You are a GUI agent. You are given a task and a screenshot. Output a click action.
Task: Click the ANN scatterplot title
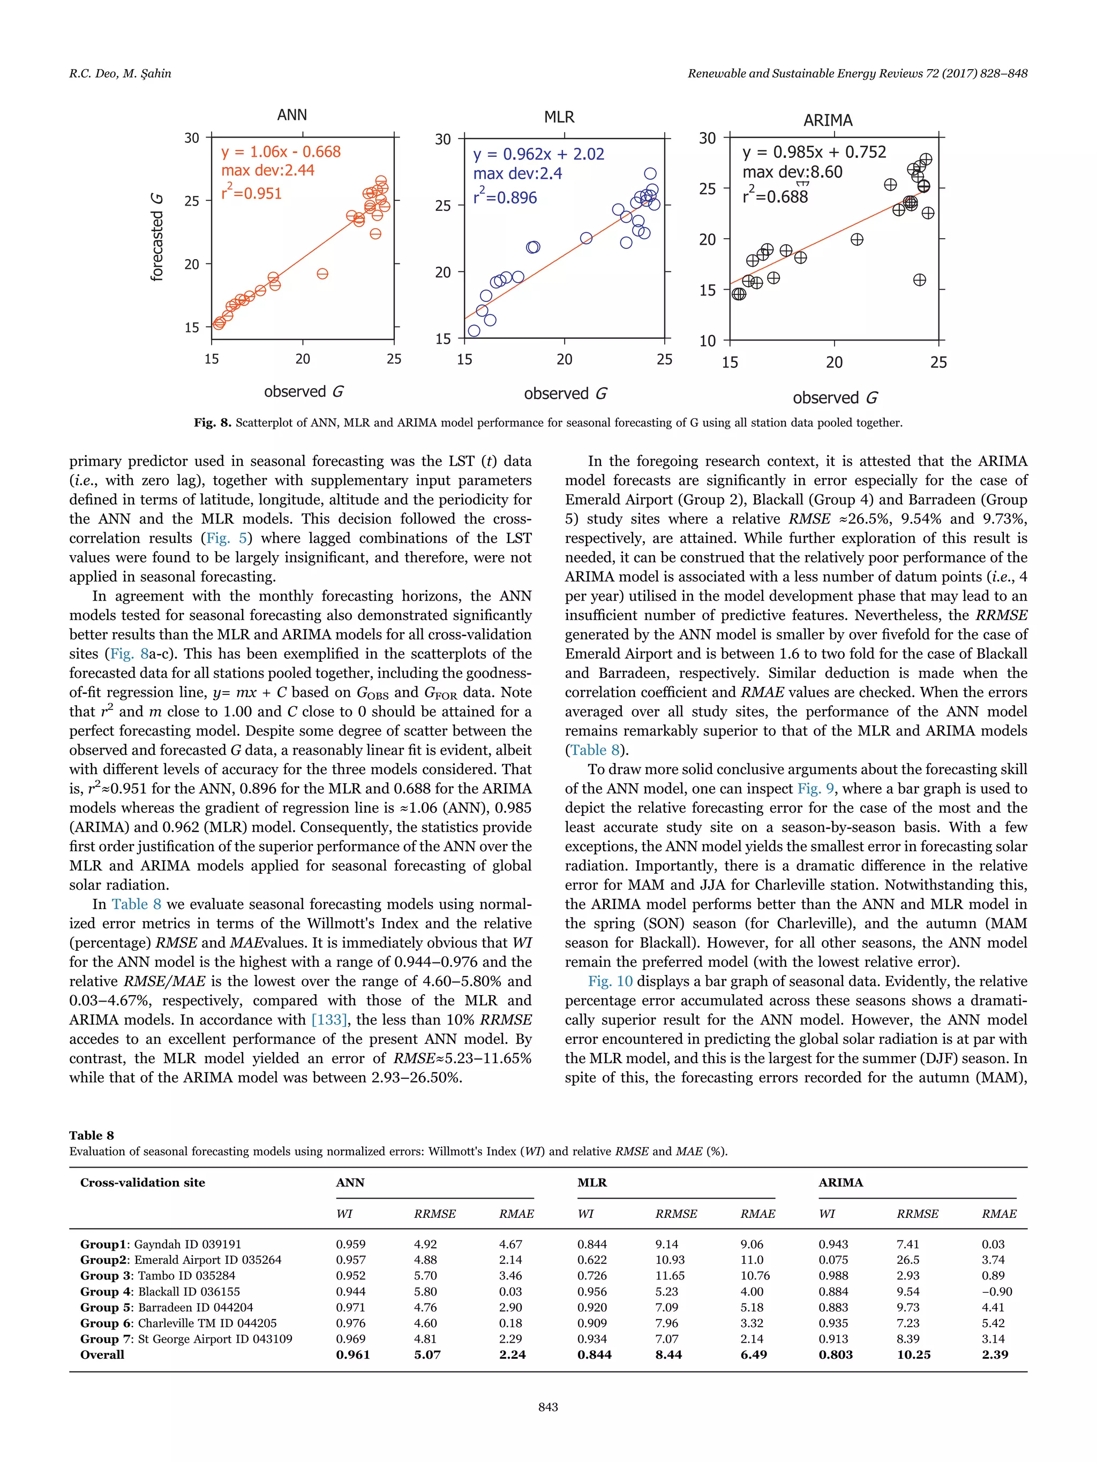(x=291, y=115)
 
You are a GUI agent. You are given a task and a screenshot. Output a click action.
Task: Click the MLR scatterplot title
(x=559, y=118)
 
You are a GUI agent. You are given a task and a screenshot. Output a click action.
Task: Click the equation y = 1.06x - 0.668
(x=281, y=152)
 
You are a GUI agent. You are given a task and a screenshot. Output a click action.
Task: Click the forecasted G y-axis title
(x=157, y=237)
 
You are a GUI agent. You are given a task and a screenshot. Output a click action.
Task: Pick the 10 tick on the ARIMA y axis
(x=707, y=341)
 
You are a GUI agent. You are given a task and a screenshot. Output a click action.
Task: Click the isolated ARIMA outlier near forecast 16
(x=919, y=280)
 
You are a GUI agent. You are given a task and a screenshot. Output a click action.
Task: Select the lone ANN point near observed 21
(x=322, y=274)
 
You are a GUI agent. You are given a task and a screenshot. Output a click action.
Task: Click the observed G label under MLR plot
(x=565, y=394)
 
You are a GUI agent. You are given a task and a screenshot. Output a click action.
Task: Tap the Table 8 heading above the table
(x=91, y=1135)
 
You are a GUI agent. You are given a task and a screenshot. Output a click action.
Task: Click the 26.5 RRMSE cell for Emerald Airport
(x=908, y=1260)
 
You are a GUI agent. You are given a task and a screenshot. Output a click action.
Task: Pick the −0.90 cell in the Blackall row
(x=996, y=1291)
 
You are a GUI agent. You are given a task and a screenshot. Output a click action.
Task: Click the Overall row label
(x=102, y=1355)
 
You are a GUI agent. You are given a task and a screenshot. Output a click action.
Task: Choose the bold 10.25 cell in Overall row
(x=913, y=1355)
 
